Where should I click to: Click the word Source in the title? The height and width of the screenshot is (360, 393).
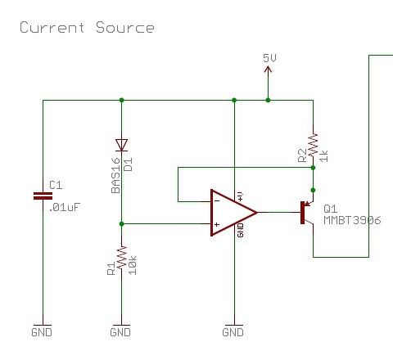click(125, 28)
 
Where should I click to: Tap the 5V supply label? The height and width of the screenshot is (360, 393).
click(269, 58)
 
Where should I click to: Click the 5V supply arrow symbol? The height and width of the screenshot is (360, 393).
click(268, 70)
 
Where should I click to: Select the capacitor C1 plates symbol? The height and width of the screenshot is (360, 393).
click(43, 196)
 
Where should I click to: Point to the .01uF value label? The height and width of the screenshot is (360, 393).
click(65, 207)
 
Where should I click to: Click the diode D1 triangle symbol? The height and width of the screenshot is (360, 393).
click(121, 145)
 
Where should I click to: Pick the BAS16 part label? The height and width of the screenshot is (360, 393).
click(115, 175)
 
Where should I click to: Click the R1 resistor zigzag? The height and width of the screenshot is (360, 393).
click(122, 258)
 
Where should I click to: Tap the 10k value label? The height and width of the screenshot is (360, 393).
click(133, 265)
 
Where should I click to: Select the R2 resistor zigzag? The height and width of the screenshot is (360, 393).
click(313, 145)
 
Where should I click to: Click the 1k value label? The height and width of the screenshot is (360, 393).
click(323, 156)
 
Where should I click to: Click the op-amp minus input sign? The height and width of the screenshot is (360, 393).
click(217, 201)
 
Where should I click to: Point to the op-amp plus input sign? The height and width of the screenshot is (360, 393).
click(217, 224)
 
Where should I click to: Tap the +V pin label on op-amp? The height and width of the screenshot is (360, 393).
click(240, 196)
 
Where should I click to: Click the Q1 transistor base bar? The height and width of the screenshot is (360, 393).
click(302, 213)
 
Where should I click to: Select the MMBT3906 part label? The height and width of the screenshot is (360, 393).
click(352, 220)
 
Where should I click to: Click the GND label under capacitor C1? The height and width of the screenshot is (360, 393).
click(42, 332)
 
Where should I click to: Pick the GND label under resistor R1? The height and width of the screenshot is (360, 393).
click(120, 332)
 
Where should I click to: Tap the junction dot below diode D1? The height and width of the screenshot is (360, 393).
click(122, 224)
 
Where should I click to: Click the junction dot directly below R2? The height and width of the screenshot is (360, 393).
click(313, 168)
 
